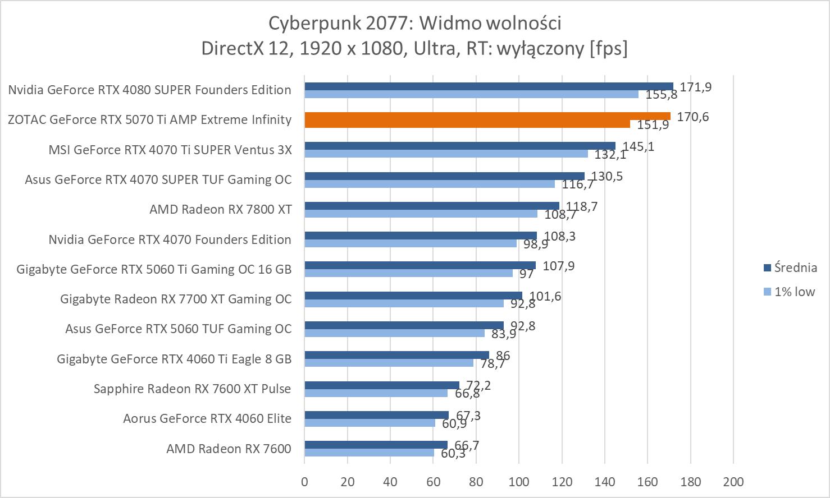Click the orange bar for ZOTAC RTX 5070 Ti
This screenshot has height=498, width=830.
[x=487, y=116]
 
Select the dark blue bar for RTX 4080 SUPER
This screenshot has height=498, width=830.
[x=489, y=86]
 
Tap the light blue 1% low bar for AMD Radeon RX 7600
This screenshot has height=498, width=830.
[x=369, y=453]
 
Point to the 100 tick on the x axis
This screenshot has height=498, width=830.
[x=519, y=482]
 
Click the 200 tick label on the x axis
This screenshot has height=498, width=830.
[x=733, y=482]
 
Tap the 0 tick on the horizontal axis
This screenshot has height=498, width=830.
[x=304, y=482]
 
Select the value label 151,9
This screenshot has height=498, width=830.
[x=653, y=125]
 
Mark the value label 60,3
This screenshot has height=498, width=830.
[x=453, y=453]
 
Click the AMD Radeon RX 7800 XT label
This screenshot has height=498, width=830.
[x=220, y=209]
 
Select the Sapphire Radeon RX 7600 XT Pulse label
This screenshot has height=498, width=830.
[x=192, y=388]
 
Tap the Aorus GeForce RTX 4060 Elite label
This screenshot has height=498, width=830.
[x=207, y=418]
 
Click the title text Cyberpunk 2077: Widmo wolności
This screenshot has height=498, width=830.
[x=414, y=23]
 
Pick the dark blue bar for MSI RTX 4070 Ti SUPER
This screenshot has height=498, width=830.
[x=460, y=146]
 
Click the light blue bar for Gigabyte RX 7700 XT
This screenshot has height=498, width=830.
[x=404, y=303]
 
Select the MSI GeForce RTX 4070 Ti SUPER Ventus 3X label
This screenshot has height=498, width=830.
[x=170, y=150]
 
